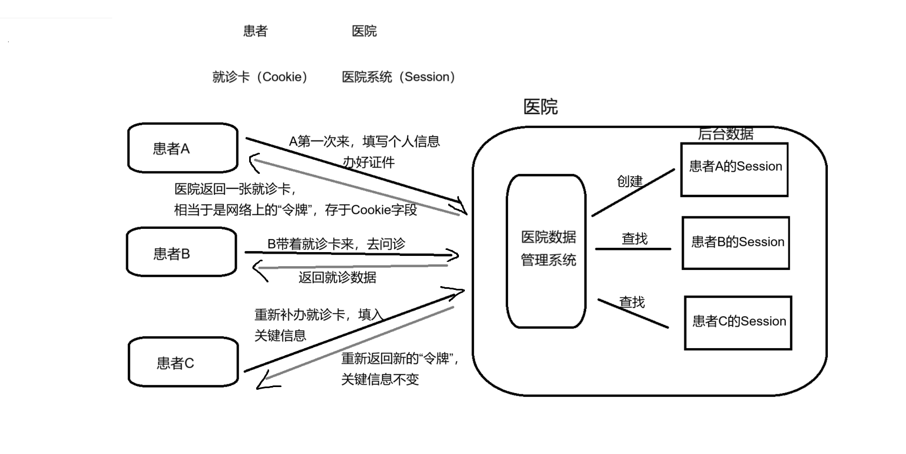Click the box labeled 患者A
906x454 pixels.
coord(183,148)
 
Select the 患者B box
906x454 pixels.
coord(182,252)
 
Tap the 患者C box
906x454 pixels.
coord(183,362)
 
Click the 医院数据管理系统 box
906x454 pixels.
coord(546,251)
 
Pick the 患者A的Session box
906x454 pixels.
coord(735,170)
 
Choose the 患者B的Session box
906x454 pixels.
coord(736,243)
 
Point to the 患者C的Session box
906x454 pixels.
coord(738,322)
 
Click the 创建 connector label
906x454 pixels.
coord(629,181)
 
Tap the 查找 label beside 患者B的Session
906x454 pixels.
coord(634,239)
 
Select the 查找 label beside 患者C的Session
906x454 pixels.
coord(632,302)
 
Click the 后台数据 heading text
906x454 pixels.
coord(725,134)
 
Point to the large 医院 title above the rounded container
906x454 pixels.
coord(540,107)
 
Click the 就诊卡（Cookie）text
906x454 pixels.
coord(260,77)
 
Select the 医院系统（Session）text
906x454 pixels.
coord(399,77)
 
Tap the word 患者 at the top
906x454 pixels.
coord(255,31)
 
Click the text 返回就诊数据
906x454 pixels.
coord(337,277)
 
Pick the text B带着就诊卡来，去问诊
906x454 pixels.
coord(336,244)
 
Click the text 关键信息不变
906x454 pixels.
coord(380,380)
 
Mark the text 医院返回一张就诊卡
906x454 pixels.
coord(235,189)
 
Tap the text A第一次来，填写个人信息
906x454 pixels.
coord(364,141)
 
